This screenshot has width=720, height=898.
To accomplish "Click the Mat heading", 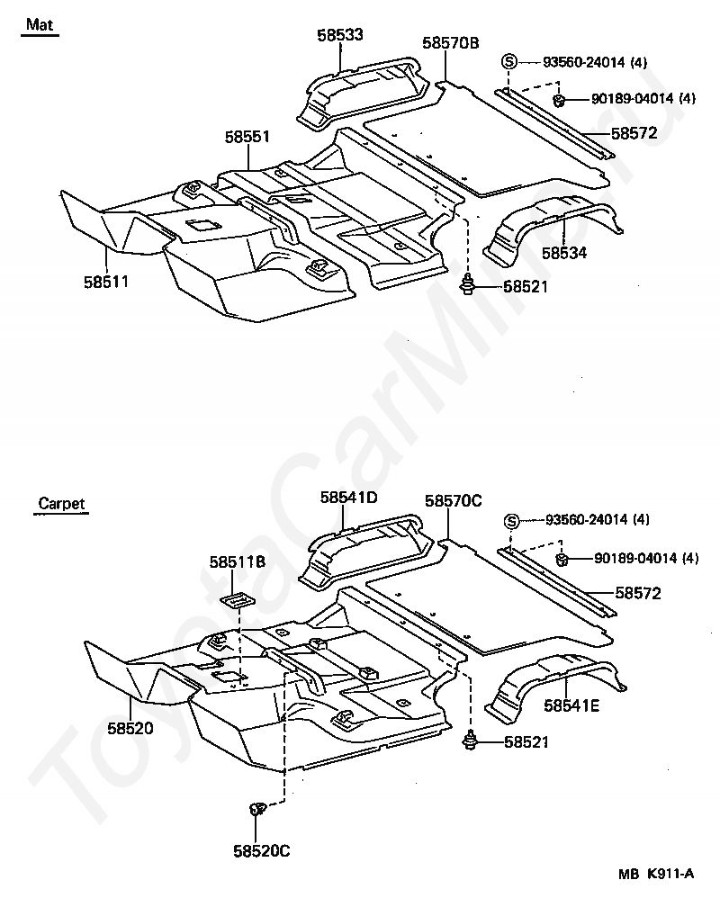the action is [x=40, y=24].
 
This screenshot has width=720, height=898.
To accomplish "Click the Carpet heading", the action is [x=61, y=503].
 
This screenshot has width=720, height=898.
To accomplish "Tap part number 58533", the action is [x=340, y=35].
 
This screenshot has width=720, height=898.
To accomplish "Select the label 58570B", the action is [x=451, y=43].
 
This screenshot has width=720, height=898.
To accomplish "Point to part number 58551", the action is [x=247, y=137].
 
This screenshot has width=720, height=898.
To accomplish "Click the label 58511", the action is [x=106, y=282].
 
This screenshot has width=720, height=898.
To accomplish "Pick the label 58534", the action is [x=564, y=253].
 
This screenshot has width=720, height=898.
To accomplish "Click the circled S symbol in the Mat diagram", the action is [x=509, y=61].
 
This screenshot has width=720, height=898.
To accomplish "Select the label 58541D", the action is [x=349, y=497].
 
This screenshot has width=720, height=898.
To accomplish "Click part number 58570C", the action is [x=454, y=501].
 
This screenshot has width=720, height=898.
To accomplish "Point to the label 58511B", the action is [x=237, y=562].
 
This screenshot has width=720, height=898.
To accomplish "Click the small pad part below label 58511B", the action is [x=238, y=601].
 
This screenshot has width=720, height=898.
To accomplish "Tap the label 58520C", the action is [x=262, y=851].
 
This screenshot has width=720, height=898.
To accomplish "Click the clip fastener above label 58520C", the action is [x=257, y=809].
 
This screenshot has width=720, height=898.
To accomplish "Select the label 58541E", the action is [x=571, y=706].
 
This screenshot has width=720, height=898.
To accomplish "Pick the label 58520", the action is [x=130, y=729].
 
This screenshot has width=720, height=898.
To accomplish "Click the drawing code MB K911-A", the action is [x=656, y=874].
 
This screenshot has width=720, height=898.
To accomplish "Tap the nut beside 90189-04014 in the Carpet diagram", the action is [x=562, y=559].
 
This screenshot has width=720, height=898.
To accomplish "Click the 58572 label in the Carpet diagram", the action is [x=638, y=593].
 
